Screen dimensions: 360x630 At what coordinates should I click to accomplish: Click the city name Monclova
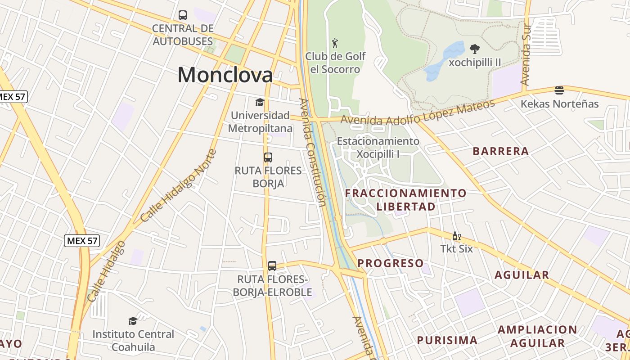(x=225, y=75)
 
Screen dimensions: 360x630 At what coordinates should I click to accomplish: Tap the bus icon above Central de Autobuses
(x=183, y=15)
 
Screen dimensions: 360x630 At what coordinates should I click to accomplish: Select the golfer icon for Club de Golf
(x=335, y=43)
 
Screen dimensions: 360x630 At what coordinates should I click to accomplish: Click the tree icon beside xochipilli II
(x=474, y=49)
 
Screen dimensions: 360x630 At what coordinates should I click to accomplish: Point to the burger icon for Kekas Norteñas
(x=559, y=90)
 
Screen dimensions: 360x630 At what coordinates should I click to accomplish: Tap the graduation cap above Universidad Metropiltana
(x=260, y=102)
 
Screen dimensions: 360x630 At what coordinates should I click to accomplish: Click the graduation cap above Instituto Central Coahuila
(x=133, y=321)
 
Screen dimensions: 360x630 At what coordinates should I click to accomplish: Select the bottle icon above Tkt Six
(x=456, y=236)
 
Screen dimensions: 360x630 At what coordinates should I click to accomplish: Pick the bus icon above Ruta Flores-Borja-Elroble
(x=272, y=266)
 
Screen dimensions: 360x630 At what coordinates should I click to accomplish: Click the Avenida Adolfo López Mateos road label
(x=418, y=114)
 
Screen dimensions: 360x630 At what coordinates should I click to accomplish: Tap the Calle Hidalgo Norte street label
(x=178, y=185)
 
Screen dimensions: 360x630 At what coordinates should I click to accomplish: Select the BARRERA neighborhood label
(x=500, y=151)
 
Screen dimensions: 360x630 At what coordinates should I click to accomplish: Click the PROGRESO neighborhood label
(x=391, y=263)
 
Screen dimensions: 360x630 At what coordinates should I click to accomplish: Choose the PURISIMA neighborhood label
(x=447, y=340)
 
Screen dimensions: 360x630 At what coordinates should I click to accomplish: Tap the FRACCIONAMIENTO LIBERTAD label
(x=406, y=200)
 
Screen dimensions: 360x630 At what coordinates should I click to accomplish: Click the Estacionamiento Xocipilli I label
(x=378, y=148)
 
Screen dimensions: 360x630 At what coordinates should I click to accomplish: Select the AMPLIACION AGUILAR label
(x=537, y=336)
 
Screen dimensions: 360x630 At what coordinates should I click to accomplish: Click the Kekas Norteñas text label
(x=559, y=104)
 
